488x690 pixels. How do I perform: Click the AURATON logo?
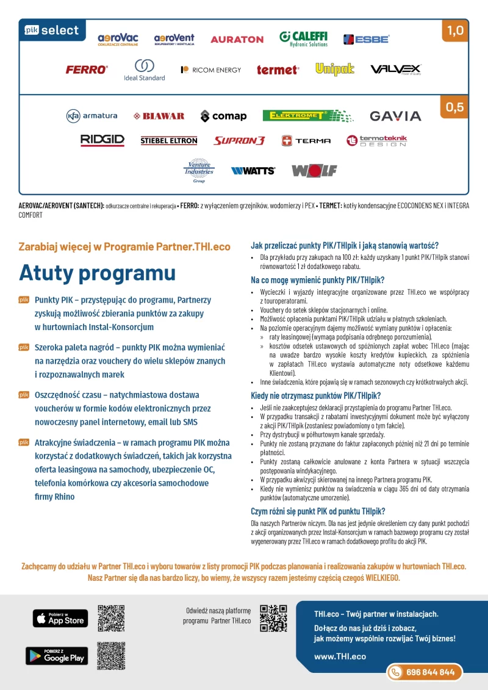(237, 39)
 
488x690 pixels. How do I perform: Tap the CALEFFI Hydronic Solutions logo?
(303, 38)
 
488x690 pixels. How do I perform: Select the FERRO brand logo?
(87, 70)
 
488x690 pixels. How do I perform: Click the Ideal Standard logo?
(144, 70)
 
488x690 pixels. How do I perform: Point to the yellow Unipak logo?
(335, 70)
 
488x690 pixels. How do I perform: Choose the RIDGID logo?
(102, 140)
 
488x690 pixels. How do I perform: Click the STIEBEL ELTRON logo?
(169, 141)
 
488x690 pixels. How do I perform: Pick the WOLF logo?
(314, 171)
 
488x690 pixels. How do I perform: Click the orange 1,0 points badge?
(455, 31)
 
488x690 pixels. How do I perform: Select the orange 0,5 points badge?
(455, 107)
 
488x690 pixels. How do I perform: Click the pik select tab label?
(52, 30)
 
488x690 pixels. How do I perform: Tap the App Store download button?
(60, 618)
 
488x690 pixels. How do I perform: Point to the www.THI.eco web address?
(340, 656)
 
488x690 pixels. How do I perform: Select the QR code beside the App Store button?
(111, 618)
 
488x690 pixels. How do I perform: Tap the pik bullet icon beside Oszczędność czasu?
(24, 395)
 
